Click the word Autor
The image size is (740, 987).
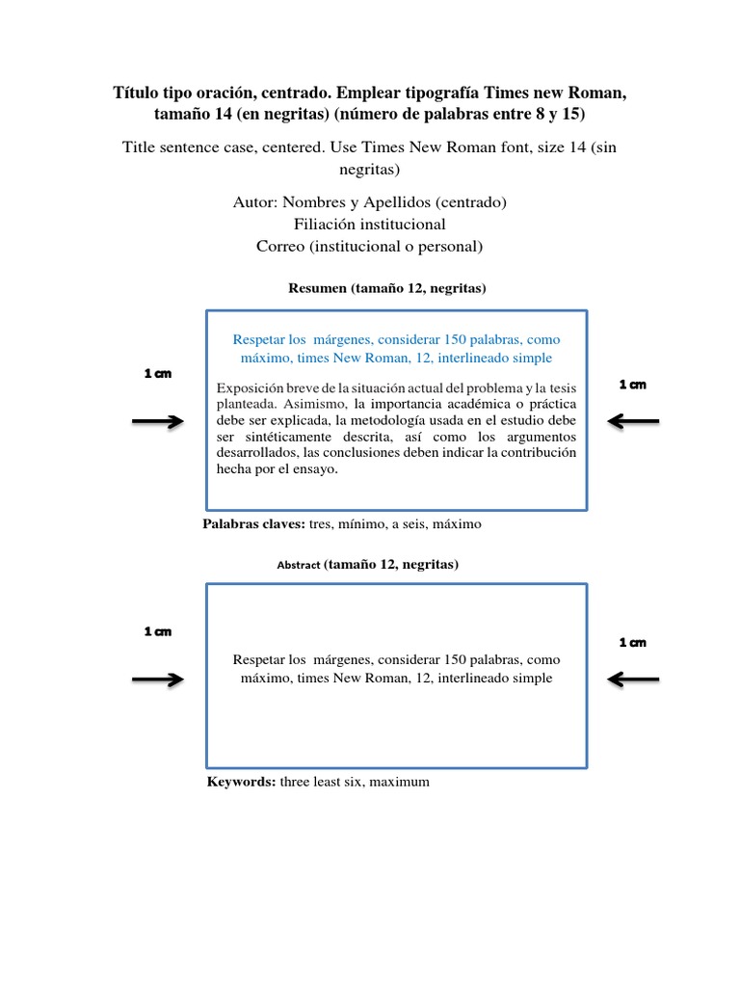(254, 202)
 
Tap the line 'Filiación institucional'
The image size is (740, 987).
(370, 225)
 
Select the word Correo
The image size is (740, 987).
(278, 246)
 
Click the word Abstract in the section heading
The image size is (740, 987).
(299, 566)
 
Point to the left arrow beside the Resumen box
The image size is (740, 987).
(157, 421)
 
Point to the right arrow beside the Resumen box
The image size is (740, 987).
(634, 420)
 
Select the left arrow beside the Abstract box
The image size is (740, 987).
(157, 680)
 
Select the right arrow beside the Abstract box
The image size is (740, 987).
(634, 680)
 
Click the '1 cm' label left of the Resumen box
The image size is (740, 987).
(158, 374)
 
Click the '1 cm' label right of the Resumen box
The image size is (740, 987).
(633, 385)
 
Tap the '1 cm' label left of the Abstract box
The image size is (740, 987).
(158, 632)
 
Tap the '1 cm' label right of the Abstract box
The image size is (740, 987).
(633, 642)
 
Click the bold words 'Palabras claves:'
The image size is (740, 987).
(253, 524)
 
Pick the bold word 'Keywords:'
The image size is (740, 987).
(241, 782)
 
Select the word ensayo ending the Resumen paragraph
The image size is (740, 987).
(317, 469)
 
